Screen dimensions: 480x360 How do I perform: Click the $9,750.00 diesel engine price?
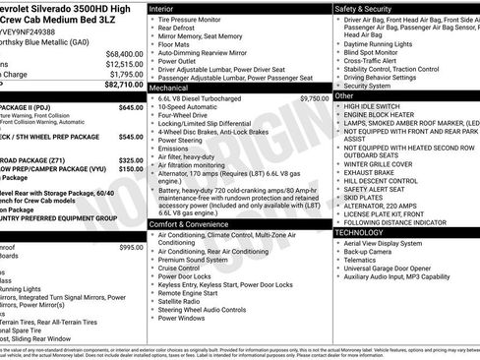pos(314,98)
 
